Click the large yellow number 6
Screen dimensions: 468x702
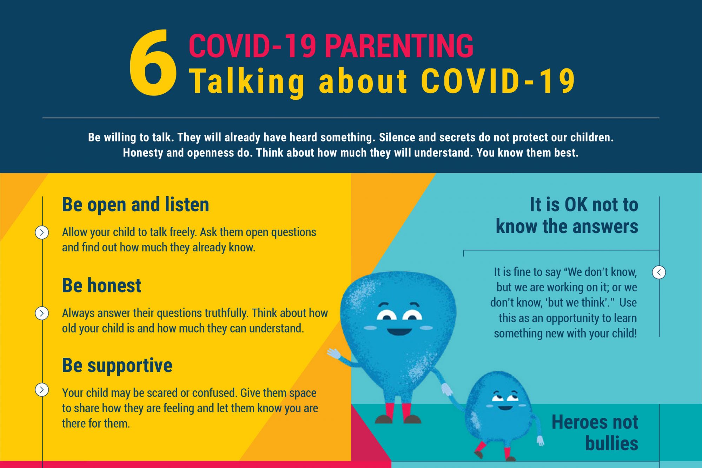tap(153, 63)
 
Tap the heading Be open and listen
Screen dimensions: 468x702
tap(135, 205)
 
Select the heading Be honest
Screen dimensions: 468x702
tap(101, 285)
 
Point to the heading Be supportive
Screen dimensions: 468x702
tap(117, 365)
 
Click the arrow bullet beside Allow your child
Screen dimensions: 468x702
tap(42, 232)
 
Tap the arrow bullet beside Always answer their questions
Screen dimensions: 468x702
tap(42, 313)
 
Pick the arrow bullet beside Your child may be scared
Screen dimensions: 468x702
tap(42, 389)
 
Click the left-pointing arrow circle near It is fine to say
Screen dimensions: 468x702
tap(659, 272)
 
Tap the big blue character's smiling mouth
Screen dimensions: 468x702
tap(399, 331)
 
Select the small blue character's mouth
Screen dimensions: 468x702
tap(505, 408)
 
